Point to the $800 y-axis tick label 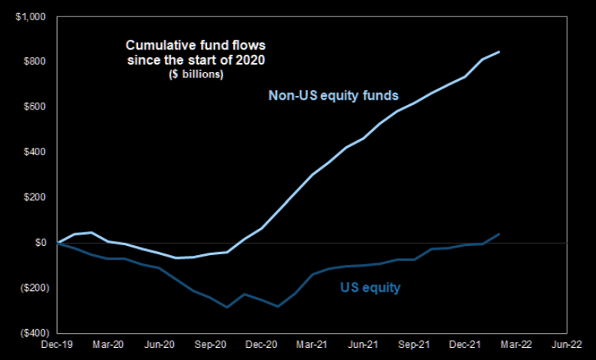coord(35,61)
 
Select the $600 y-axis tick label coord(35,106)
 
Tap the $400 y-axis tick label coord(35,152)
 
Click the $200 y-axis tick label coord(35,197)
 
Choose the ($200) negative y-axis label coord(32,288)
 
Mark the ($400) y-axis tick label coord(32,333)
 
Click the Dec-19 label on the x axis coord(58,345)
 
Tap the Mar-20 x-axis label coord(108,345)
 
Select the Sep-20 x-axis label coord(210,345)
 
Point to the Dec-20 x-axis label coord(261,345)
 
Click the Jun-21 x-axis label coord(363,345)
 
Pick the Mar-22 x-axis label coord(516,345)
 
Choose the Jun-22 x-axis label coord(567,345)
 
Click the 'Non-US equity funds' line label coord(333,96)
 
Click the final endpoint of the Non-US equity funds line coord(499,52)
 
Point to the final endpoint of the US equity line coord(499,234)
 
